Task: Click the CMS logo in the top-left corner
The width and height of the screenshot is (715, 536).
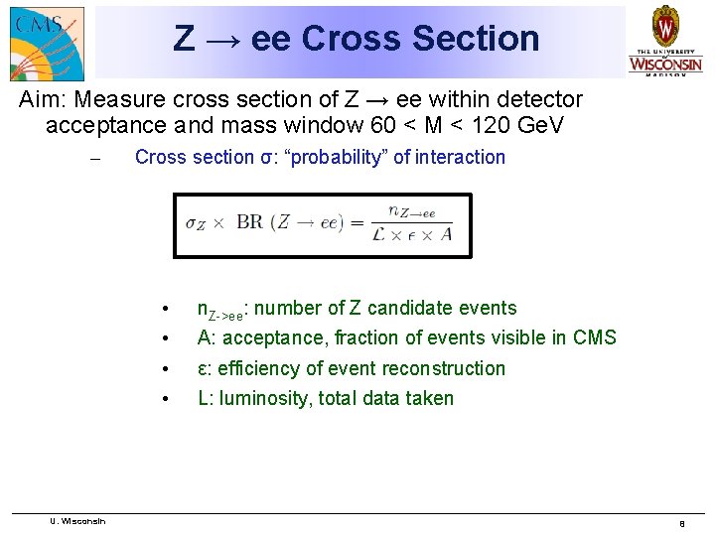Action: coord(46,42)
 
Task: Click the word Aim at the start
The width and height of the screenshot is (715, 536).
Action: coord(44,100)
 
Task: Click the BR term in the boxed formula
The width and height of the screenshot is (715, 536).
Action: coord(249,223)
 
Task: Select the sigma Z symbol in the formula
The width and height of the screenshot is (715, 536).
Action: coord(196,223)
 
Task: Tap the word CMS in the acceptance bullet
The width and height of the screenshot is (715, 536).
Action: coord(594,337)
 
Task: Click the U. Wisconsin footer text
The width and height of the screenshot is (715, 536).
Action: coord(77,520)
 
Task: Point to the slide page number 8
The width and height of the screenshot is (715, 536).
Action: coord(681,523)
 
